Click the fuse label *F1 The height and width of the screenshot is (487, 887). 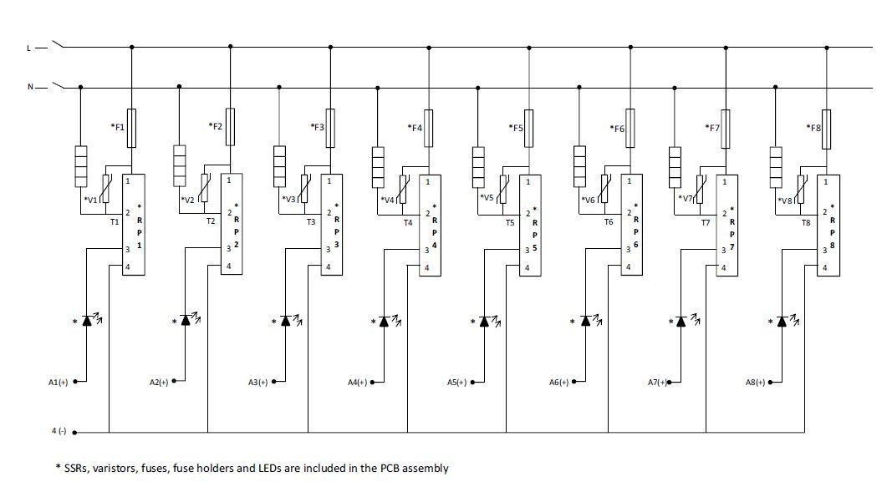pyautogui.click(x=118, y=126)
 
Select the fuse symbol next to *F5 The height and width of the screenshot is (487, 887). pyautogui.click(x=528, y=128)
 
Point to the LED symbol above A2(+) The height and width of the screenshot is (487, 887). pyautogui.click(x=187, y=321)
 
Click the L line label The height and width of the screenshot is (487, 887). pyautogui.click(x=29, y=48)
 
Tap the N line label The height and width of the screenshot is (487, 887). pyautogui.click(x=29, y=86)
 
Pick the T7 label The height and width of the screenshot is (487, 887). pyautogui.click(x=705, y=222)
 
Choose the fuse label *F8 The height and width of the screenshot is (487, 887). pyautogui.click(x=813, y=128)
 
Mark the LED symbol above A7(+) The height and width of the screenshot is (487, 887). pyautogui.click(x=681, y=321)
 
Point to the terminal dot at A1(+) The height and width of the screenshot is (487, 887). pyautogui.click(x=74, y=382)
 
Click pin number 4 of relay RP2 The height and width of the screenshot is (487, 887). pyautogui.click(x=227, y=266)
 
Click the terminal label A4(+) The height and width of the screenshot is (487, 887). pyautogui.click(x=360, y=382)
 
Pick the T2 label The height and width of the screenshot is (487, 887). pyautogui.click(x=211, y=222)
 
